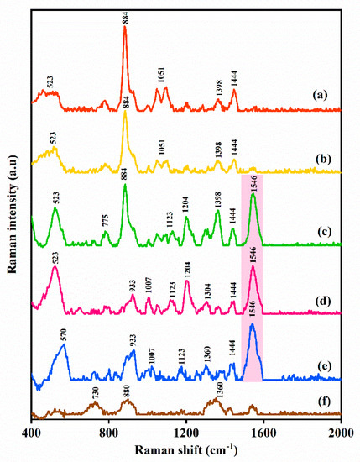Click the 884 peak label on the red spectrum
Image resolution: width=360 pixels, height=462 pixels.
pos(126,14)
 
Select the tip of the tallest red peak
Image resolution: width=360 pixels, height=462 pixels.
pos(125,26)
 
